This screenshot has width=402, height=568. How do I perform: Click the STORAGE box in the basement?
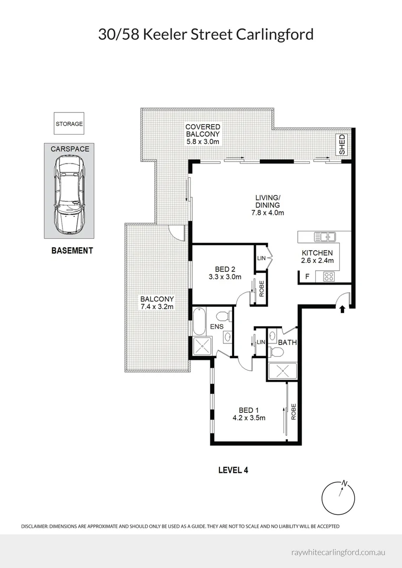tap(69, 124)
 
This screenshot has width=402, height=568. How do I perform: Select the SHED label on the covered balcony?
tap(342, 144)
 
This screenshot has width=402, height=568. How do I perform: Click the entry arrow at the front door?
tap(342, 309)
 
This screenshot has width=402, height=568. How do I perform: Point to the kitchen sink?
tap(325, 237)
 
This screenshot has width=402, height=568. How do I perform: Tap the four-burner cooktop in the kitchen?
tap(329, 277)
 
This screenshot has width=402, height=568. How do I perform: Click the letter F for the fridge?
tap(307, 277)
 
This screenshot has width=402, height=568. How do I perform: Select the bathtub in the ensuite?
tap(199, 321)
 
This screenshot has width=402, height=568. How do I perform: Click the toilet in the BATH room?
tap(277, 351)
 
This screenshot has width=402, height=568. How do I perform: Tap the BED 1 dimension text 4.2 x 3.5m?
tap(249, 418)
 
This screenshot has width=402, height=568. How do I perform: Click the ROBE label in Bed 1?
tap(294, 411)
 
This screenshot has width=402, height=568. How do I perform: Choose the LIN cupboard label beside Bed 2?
tap(261, 258)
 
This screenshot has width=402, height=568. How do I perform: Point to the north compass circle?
tap(338, 498)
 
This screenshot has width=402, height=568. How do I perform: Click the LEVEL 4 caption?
tap(233, 470)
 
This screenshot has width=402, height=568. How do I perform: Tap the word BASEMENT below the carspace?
tap(72, 250)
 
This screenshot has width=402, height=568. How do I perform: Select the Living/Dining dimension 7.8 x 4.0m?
tap(268, 212)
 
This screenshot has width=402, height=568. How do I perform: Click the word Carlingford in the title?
tap(275, 35)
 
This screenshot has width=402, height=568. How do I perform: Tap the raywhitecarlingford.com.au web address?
tap(338, 552)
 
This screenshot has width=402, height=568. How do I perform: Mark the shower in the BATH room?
tap(283, 371)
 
